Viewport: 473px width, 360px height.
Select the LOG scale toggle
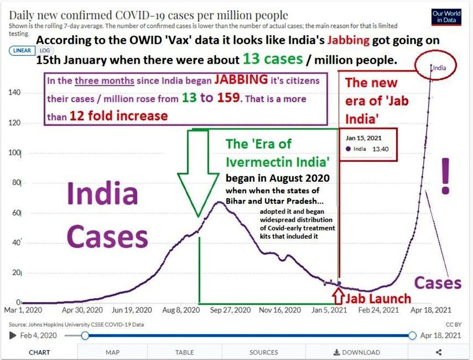tap(45, 51)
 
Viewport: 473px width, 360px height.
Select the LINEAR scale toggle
tap(22, 51)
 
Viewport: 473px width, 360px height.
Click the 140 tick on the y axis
tap(13, 93)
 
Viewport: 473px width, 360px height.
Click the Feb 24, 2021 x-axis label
tap(380, 311)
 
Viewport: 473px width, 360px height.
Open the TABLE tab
tap(184, 352)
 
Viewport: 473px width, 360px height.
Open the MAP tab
tap(112, 352)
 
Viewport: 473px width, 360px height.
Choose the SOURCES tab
tap(264, 352)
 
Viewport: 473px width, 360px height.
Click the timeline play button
tap(12, 336)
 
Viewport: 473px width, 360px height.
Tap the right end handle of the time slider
tap(412, 336)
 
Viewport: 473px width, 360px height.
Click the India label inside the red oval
tap(440, 68)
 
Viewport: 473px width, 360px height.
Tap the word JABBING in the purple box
tap(241, 80)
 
